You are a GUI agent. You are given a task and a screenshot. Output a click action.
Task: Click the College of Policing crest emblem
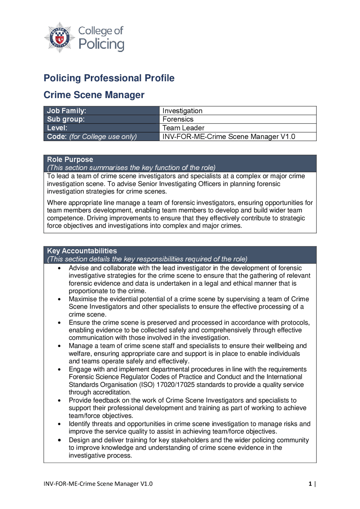pos(59,37)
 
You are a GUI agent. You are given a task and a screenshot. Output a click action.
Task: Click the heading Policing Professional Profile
pos(109,78)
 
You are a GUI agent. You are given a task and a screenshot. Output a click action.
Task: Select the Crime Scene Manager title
pos(94,95)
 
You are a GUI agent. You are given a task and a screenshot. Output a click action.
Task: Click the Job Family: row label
pos(67,111)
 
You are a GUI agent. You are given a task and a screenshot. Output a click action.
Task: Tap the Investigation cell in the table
pos(182,111)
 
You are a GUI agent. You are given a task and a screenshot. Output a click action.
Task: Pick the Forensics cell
pos(178,119)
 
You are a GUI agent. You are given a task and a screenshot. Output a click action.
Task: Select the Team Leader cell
pos(183,128)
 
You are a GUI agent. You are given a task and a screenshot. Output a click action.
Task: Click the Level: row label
pos(57,128)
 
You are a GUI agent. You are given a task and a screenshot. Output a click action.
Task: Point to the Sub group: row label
pos(66,119)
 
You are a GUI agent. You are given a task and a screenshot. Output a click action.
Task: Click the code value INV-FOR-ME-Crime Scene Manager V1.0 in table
pos(229,137)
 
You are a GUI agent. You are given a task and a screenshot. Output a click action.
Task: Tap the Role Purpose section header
pos(70,159)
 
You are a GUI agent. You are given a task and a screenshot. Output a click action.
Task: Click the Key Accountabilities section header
pos(82,251)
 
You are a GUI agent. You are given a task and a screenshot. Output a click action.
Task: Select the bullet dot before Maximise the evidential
pos(59,299)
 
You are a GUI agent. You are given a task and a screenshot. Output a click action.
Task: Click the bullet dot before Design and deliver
pos(59,440)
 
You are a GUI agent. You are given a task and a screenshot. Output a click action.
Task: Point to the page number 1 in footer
pos(310,484)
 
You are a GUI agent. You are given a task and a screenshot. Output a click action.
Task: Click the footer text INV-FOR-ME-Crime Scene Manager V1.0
pos(98,484)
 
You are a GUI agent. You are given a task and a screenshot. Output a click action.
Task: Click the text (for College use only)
pos(103,137)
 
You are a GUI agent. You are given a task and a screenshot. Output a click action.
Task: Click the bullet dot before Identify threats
pos(59,424)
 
